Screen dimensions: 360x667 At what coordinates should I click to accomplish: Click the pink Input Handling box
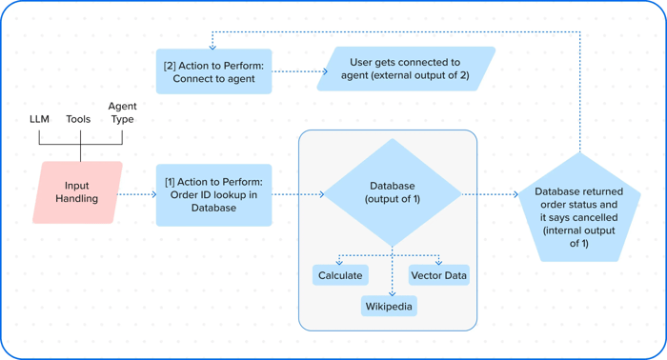(77, 192)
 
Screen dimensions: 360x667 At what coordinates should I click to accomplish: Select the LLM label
(39, 119)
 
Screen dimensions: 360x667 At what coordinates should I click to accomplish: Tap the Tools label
(78, 119)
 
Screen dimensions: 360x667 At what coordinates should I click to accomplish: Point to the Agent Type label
(122, 112)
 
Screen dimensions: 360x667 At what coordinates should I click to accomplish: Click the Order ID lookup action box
(213, 194)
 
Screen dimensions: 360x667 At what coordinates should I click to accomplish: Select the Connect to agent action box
(213, 71)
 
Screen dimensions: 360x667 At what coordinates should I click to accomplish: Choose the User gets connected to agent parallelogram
(407, 69)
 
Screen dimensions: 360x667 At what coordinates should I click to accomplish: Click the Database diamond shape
(393, 192)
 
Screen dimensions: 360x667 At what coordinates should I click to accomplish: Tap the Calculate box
(340, 275)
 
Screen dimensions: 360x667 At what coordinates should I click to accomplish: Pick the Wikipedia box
(390, 307)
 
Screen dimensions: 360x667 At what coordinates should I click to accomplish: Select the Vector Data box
(438, 275)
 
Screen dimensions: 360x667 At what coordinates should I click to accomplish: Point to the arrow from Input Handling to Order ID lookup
(139, 194)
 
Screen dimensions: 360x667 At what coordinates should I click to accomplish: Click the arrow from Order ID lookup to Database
(297, 194)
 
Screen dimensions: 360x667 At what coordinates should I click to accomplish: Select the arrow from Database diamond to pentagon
(490, 194)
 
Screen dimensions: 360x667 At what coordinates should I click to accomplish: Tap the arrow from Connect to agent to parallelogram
(298, 70)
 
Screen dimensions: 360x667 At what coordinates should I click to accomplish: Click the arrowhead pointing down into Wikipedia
(392, 293)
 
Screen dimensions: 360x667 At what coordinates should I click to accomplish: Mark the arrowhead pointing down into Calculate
(339, 262)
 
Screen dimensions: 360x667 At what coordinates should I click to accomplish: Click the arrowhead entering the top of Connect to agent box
(213, 46)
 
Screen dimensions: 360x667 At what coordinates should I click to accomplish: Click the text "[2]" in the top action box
(170, 65)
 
